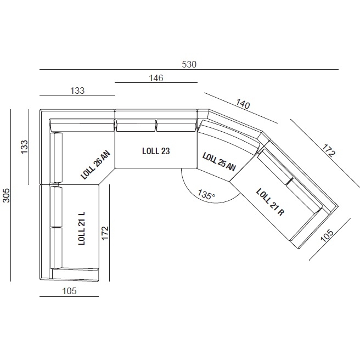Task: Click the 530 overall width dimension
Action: click(189, 64)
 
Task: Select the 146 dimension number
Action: click(156, 78)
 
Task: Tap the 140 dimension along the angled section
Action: click(243, 104)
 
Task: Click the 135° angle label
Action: click(206, 194)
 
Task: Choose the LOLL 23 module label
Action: click(156, 151)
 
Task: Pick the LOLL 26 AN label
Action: click(95, 165)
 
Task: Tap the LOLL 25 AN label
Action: click(219, 162)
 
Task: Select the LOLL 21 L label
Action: click(82, 228)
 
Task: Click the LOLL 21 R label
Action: click(270, 202)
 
